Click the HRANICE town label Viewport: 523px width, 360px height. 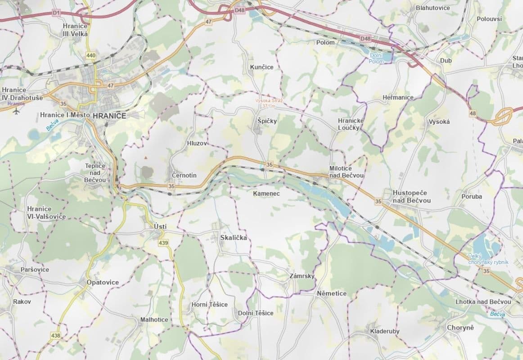point(109,116)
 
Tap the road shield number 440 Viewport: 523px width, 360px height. point(91,56)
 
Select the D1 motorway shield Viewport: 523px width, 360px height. point(56,13)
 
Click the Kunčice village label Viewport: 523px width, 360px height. point(261,67)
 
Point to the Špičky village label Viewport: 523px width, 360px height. point(267,121)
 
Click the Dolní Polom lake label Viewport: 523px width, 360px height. point(376,58)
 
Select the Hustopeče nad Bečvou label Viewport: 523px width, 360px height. point(411,196)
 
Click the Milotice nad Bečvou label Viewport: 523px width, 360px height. point(347,171)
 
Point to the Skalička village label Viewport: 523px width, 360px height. point(234,238)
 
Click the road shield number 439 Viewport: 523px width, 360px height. point(163,243)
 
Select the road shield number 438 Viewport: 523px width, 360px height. point(55,336)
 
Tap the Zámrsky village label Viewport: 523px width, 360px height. point(302,276)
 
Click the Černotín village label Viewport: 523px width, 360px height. point(184,175)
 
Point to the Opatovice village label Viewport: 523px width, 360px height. point(103,282)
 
